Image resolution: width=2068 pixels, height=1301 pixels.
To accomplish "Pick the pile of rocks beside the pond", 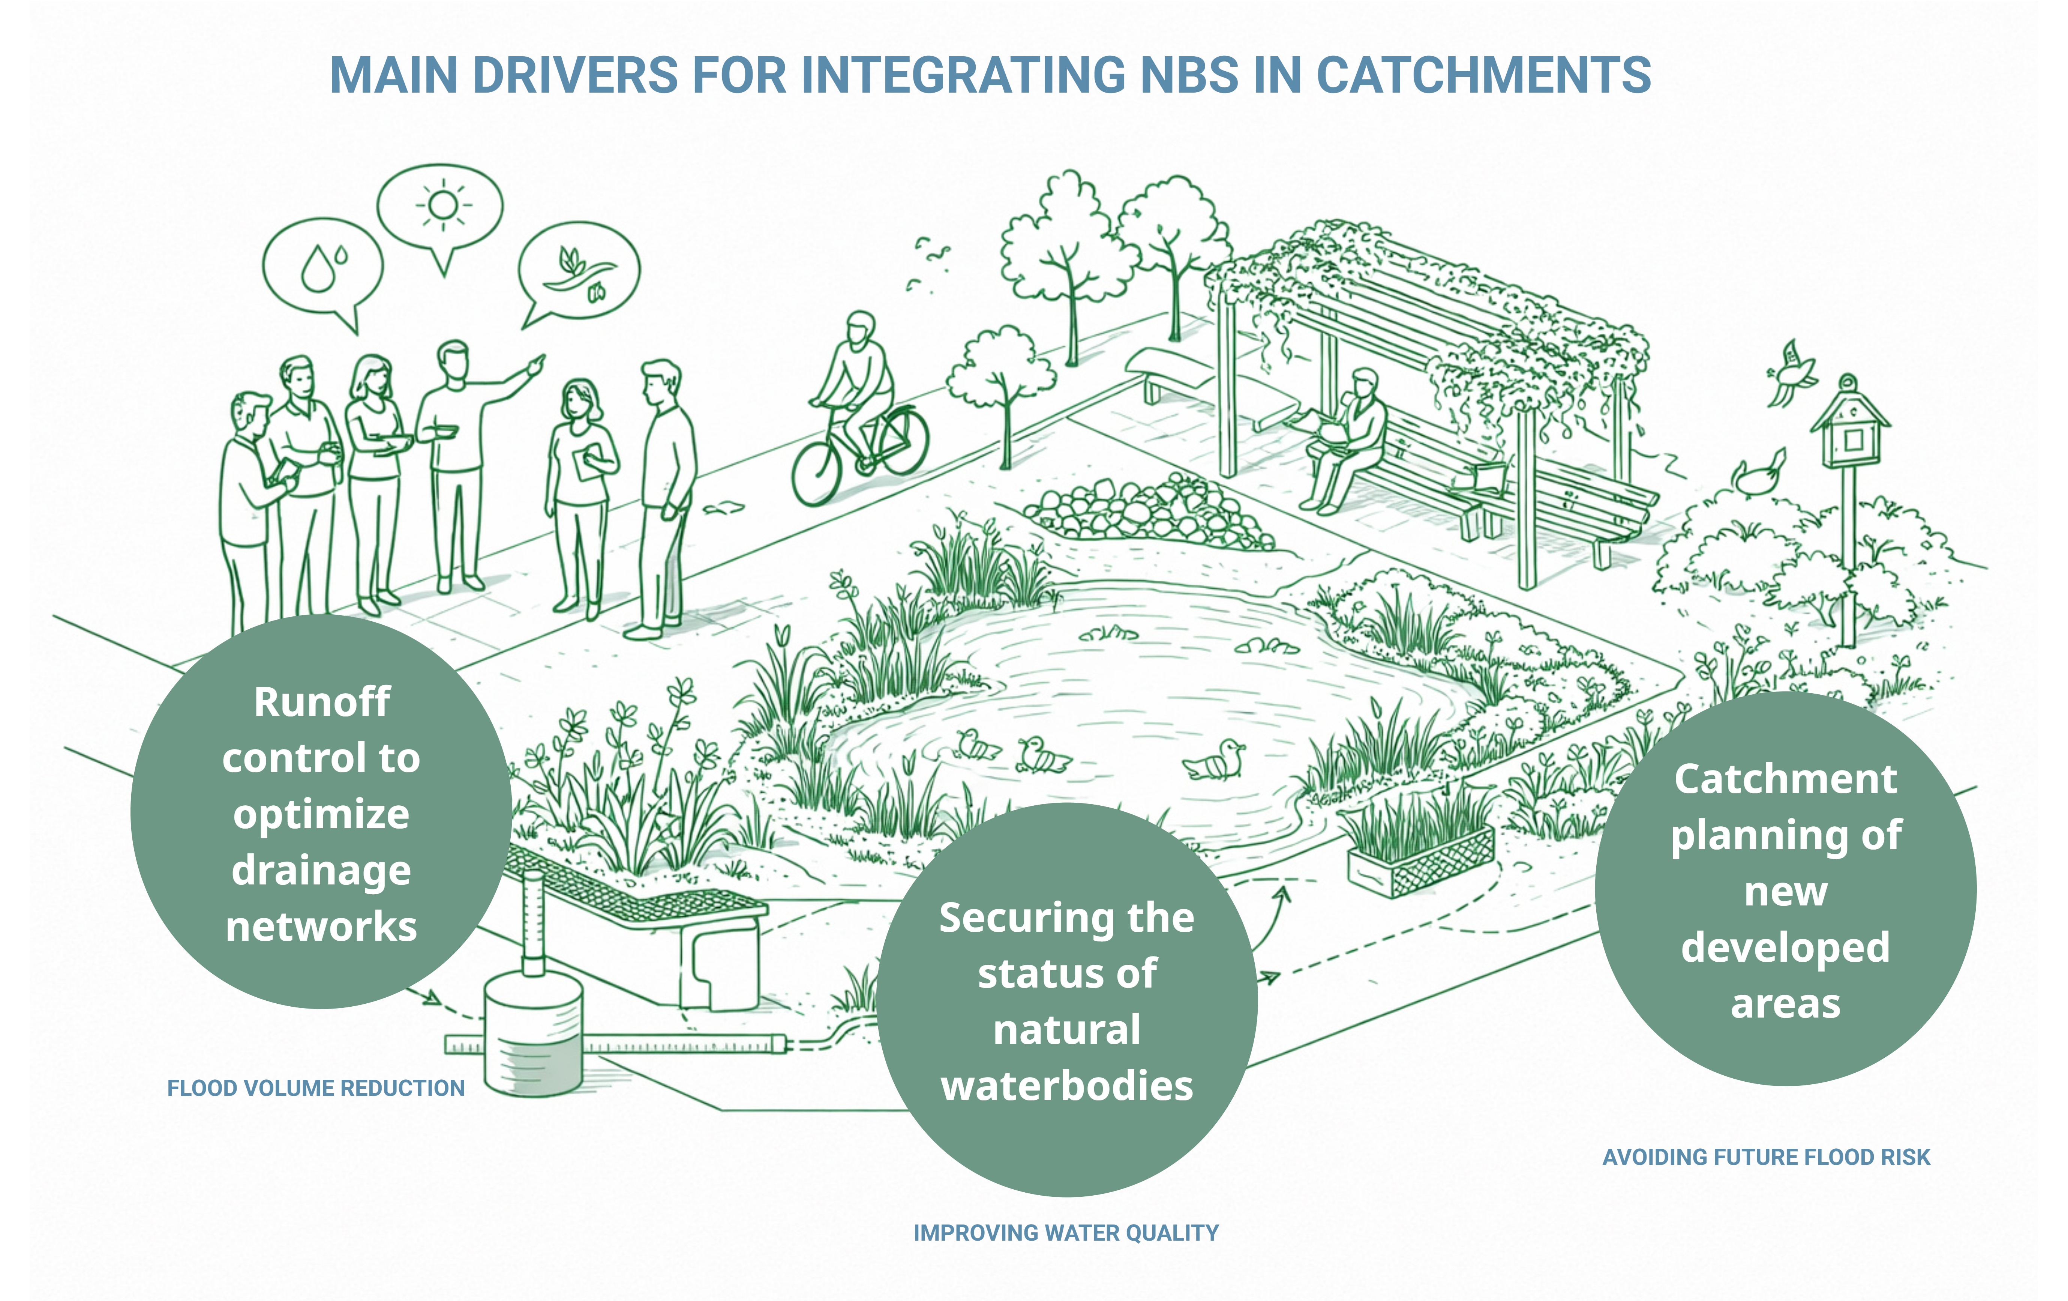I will coord(1147,513).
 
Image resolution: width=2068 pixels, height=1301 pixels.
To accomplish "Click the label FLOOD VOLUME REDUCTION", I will coord(315,1088).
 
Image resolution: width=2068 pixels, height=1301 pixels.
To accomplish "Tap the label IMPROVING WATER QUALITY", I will coord(1066,1232).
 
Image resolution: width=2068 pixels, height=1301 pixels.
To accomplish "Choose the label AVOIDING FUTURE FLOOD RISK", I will coord(1766,1157).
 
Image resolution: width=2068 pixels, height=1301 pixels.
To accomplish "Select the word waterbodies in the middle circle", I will coord(1067,1085).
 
